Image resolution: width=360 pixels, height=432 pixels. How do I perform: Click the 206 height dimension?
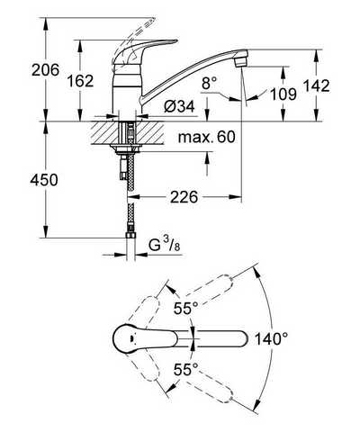point(46,70)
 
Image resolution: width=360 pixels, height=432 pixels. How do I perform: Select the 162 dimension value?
point(80,81)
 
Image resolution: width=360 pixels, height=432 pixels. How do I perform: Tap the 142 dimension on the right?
point(317,85)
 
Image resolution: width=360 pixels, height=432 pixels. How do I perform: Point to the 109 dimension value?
point(283,94)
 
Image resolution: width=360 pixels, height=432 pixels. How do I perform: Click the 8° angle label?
point(210,83)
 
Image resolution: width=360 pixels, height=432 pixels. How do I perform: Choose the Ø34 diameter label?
point(179,106)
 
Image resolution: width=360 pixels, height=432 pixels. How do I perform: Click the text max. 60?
point(207,137)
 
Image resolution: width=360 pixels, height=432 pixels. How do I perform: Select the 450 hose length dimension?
point(44,180)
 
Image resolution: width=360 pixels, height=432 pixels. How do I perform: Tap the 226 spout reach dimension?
point(184,197)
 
